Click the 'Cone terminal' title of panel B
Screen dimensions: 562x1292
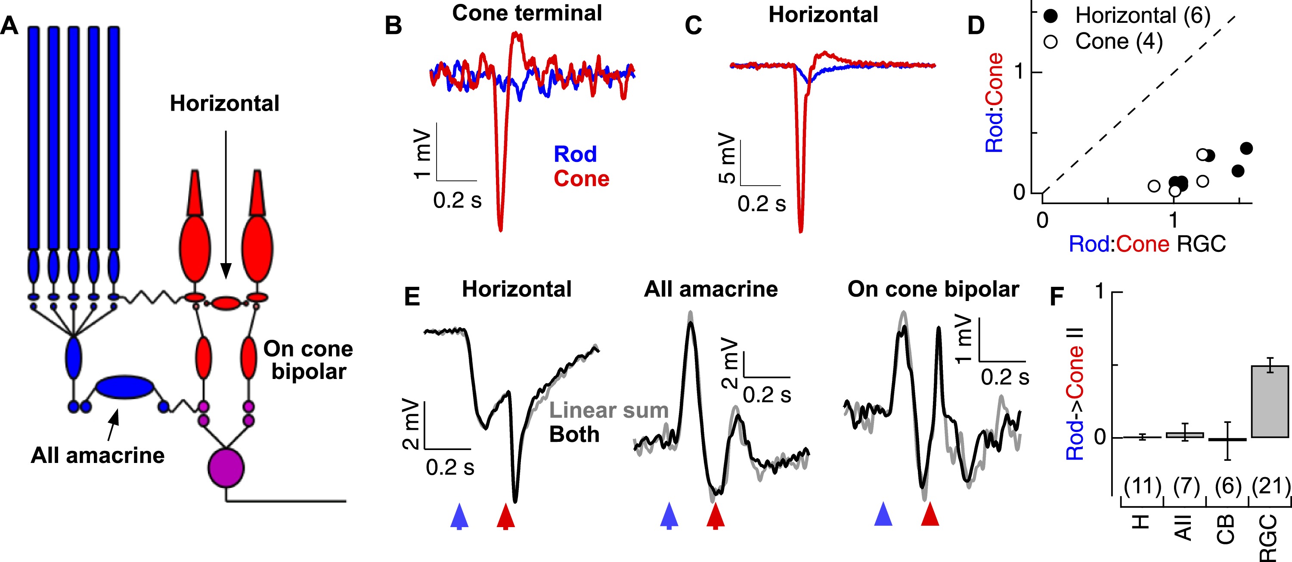(x=527, y=13)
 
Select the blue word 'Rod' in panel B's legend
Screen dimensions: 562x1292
(x=575, y=154)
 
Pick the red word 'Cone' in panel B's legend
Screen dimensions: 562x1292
(x=581, y=179)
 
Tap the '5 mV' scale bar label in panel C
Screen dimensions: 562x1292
(x=727, y=158)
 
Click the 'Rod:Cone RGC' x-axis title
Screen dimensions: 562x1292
(x=1147, y=244)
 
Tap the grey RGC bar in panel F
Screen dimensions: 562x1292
(x=1270, y=401)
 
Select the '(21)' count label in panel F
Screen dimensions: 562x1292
(x=1270, y=486)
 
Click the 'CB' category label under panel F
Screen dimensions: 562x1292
(x=1226, y=529)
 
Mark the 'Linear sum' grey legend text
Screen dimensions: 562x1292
(x=609, y=410)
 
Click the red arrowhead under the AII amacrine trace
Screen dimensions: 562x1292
(x=715, y=515)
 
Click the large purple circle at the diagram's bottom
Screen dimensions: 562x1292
(x=226, y=468)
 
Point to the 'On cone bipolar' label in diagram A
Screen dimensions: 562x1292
(x=308, y=360)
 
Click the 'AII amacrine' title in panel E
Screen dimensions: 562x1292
(x=711, y=289)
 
